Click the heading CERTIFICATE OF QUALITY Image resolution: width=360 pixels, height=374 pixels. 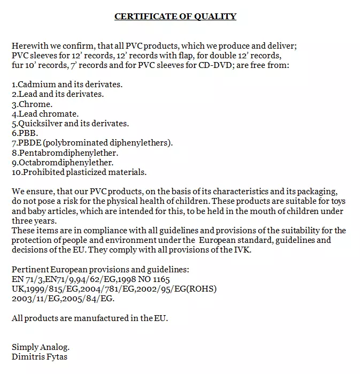click(x=175, y=16)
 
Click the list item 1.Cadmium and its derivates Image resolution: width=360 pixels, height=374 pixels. click(x=67, y=85)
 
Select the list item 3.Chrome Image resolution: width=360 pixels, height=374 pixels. click(x=32, y=104)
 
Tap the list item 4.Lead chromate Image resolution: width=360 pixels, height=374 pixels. click(x=45, y=114)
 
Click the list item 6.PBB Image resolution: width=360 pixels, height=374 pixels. click(x=24, y=133)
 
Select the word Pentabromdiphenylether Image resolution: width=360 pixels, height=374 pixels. click(x=68, y=152)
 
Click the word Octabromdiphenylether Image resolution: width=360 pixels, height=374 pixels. click(x=66, y=162)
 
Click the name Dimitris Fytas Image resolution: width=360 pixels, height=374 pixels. click(x=40, y=356)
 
